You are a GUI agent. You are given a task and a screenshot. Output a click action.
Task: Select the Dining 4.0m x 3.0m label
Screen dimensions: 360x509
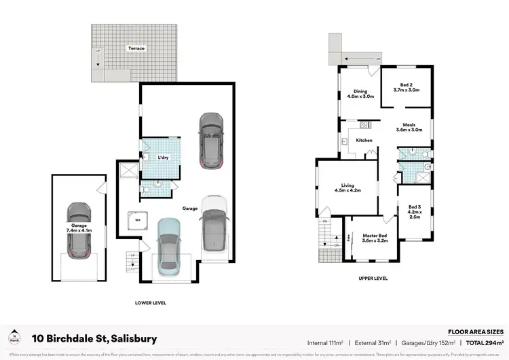(360, 94)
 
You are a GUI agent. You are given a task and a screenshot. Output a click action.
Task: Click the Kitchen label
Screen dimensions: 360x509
(364, 141)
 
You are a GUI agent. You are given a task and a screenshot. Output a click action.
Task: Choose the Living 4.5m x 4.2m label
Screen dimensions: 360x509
(347, 187)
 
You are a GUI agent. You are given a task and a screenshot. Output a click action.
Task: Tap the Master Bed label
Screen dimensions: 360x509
(375, 238)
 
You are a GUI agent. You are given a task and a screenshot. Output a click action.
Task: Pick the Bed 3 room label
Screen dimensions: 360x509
(415, 213)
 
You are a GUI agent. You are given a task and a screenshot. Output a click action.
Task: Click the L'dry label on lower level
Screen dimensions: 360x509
(163, 158)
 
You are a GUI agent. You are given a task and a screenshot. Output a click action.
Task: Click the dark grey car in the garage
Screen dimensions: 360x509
(211, 140)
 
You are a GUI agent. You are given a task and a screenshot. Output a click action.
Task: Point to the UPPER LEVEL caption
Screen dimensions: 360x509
(373, 278)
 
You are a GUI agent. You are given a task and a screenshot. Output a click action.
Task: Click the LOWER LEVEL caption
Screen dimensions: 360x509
(151, 303)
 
